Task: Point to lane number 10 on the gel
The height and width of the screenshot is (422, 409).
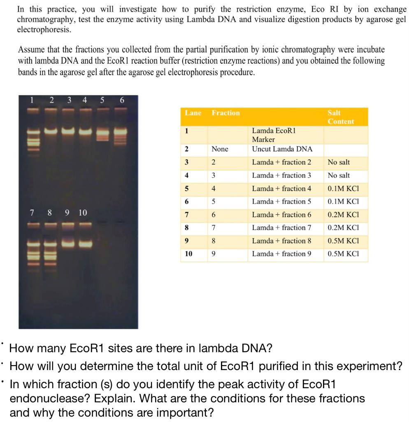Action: click(x=83, y=213)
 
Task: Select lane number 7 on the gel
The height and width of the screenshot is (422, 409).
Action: click(x=31, y=213)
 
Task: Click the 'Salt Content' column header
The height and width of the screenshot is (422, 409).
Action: click(x=341, y=117)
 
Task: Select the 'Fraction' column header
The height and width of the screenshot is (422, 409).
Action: click(x=225, y=113)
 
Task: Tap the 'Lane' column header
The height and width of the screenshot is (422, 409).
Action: click(x=193, y=113)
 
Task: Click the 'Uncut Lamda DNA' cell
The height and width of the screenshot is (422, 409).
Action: click(x=282, y=149)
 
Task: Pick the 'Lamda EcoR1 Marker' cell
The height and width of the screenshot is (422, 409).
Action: click(x=274, y=135)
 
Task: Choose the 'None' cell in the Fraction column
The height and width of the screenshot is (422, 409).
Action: click(x=220, y=149)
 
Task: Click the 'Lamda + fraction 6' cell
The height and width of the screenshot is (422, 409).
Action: click(x=281, y=215)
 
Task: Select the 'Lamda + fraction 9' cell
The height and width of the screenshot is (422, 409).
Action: click(x=281, y=254)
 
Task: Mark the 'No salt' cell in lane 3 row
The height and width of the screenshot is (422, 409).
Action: click(x=339, y=162)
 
